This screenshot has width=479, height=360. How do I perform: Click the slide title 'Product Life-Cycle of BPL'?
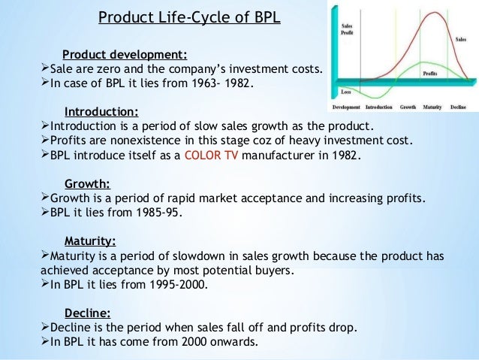coord(190,16)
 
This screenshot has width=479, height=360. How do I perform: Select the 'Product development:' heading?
coord(125,54)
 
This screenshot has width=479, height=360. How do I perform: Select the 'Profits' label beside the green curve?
coord(430,74)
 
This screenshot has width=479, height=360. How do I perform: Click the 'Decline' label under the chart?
coord(458,107)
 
